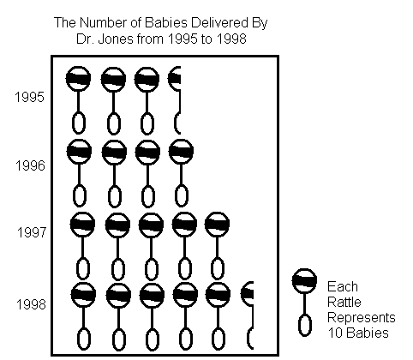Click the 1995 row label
30,97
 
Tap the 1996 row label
30,165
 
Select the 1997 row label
32,232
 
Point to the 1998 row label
31,304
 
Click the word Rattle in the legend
344,302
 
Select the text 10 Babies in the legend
358,333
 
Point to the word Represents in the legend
362,318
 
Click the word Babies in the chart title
165,22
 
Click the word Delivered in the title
219,22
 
